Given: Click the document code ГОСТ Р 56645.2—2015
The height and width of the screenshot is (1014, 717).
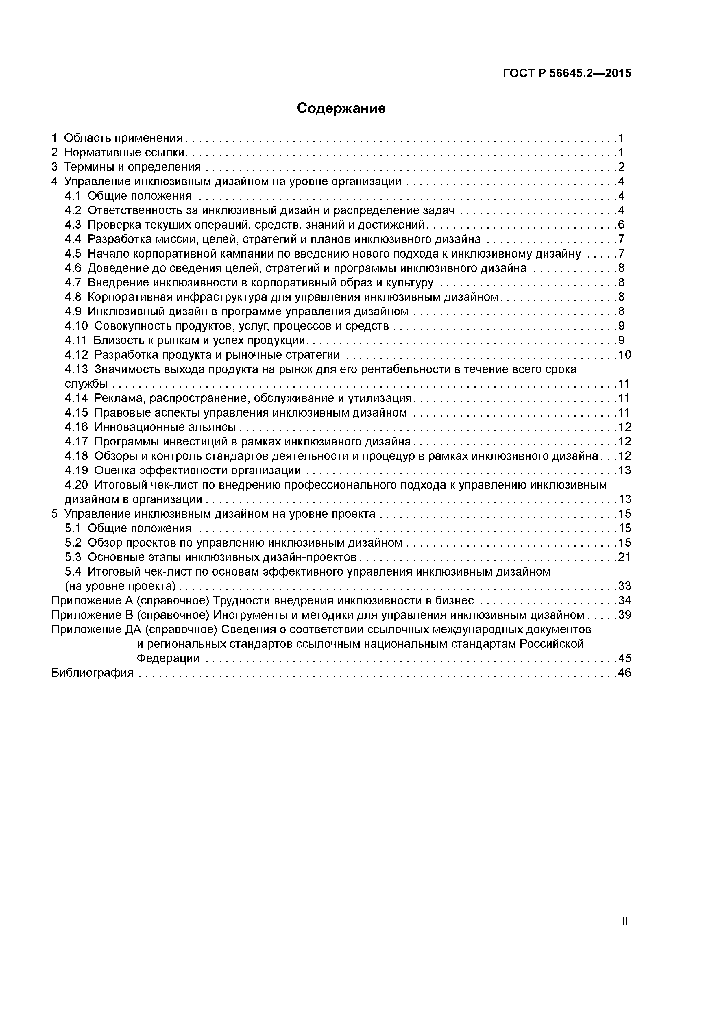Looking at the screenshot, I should [x=567, y=73].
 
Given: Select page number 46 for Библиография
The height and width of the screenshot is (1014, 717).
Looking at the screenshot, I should [x=624, y=673].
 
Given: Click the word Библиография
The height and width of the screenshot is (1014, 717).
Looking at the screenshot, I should [x=92, y=673].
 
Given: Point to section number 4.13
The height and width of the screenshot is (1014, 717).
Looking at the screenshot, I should [x=76, y=369].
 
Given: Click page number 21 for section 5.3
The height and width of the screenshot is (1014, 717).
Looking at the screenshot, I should [x=624, y=557].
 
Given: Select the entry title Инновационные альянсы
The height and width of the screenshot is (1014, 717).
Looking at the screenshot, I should [x=165, y=427].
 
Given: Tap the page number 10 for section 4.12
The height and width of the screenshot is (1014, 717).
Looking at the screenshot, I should [x=624, y=355].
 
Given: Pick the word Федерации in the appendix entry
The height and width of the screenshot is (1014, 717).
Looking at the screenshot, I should [x=168, y=658].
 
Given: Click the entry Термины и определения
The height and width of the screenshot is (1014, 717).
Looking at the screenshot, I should [x=132, y=167].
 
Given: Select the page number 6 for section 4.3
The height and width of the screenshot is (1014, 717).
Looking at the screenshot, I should [x=621, y=225].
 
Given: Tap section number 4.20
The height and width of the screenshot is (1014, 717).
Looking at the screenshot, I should [x=76, y=485].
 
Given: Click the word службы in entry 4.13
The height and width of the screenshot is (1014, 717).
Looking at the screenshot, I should [x=86, y=384].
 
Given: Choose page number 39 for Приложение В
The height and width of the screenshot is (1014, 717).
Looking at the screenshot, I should [x=624, y=615].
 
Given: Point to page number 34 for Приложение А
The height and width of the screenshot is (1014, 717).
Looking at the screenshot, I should [x=624, y=601].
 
